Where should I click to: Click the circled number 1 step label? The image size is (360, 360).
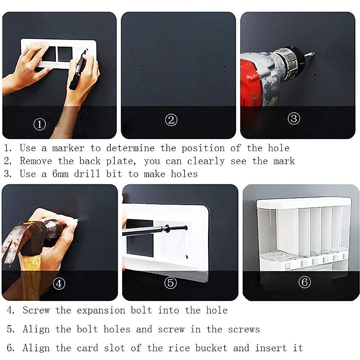coord(40,124)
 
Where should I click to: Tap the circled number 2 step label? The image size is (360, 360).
coord(171,120)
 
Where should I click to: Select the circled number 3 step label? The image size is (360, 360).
coord(294,118)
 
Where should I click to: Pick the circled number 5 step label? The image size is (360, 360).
coord(170,283)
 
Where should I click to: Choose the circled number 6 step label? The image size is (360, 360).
coord(304,282)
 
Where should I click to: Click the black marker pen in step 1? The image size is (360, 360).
coord(78,70)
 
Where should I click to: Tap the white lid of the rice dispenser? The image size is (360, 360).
coord(304,202)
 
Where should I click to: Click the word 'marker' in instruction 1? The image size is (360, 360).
coord(68,148)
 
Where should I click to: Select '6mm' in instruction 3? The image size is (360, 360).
coord(60,174)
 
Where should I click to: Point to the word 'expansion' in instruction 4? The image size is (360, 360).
coord(101,310)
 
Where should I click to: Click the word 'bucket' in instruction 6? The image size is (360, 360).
coord(211,348)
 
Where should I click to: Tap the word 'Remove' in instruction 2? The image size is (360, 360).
coord(36,161)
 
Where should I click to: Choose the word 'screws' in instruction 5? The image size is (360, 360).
coord(244,329)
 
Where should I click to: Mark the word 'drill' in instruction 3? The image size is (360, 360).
coord(87,174)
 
